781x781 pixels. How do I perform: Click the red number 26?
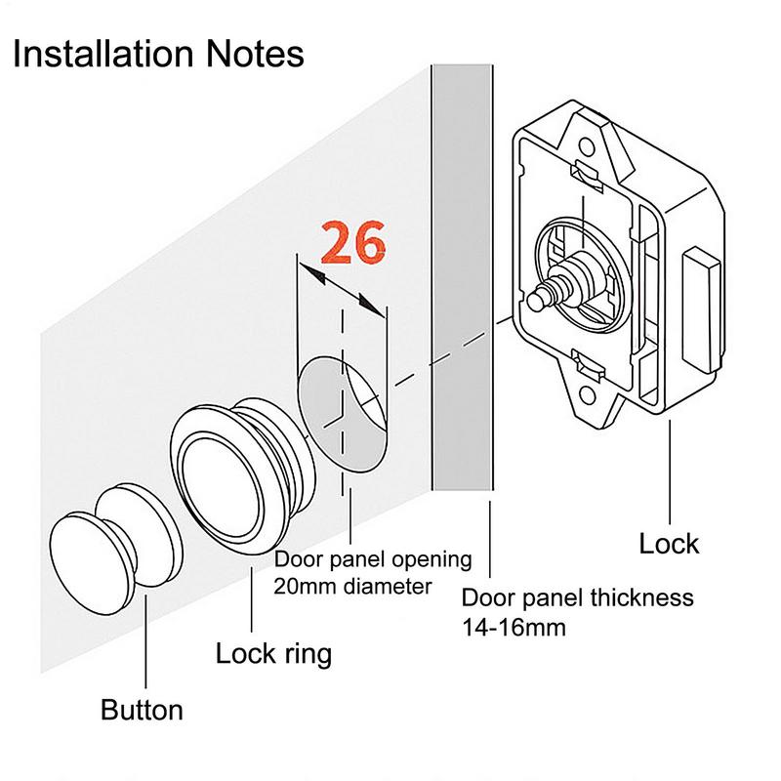pyautogui.click(x=353, y=244)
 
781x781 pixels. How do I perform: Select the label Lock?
pyautogui.click(x=669, y=543)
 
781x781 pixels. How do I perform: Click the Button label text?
pyautogui.click(x=142, y=709)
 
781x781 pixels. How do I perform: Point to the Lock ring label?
pyautogui.click(x=273, y=653)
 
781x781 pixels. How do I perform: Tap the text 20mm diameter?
pyautogui.click(x=352, y=587)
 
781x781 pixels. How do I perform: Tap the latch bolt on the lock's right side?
pyautogui.click(x=704, y=309)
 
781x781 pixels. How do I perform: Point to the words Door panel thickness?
pyautogui.click(x=577, y=597)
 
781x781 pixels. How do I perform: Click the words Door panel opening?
pyautogui.click(x=373, y=560)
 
